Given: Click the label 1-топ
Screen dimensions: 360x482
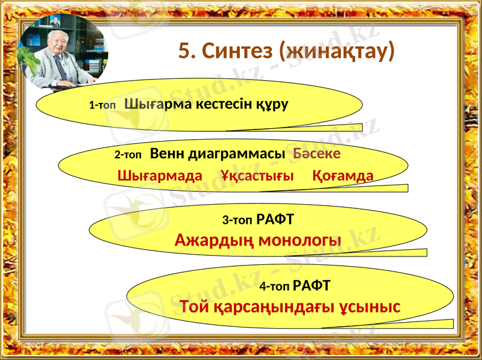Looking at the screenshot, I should click(x=102, y=105).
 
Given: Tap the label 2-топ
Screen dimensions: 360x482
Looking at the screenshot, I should click(x=128, y=155).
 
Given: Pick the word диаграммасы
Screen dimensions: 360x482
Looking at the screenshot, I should click(x=237, y=154).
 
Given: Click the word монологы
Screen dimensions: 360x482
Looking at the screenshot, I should click(x=299, y=241).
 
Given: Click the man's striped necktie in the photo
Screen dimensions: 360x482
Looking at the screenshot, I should click(x=61, y=68).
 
